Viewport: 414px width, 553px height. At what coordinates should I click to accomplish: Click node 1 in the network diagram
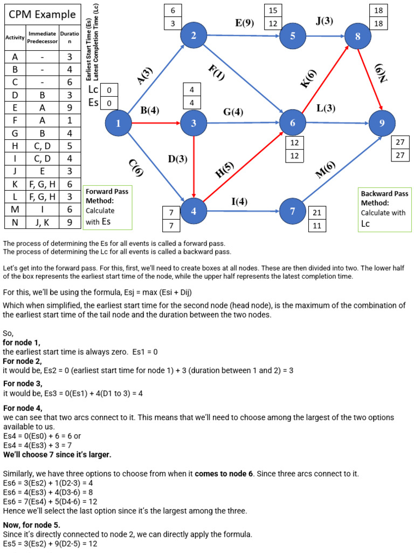point(119,123)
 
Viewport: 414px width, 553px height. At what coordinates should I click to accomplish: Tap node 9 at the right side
point(382,123)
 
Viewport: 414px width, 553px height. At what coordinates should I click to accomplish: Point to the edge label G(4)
point(233,112)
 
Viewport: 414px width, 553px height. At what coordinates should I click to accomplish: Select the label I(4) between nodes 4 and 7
point(240,202)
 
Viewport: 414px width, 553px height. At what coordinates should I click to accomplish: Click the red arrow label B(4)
point(150,111)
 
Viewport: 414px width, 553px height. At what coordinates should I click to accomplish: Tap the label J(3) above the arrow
point(325,22)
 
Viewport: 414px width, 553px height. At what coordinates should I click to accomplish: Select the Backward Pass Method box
point(384,208)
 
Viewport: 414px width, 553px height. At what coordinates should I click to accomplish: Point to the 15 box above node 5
point(273,10)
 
